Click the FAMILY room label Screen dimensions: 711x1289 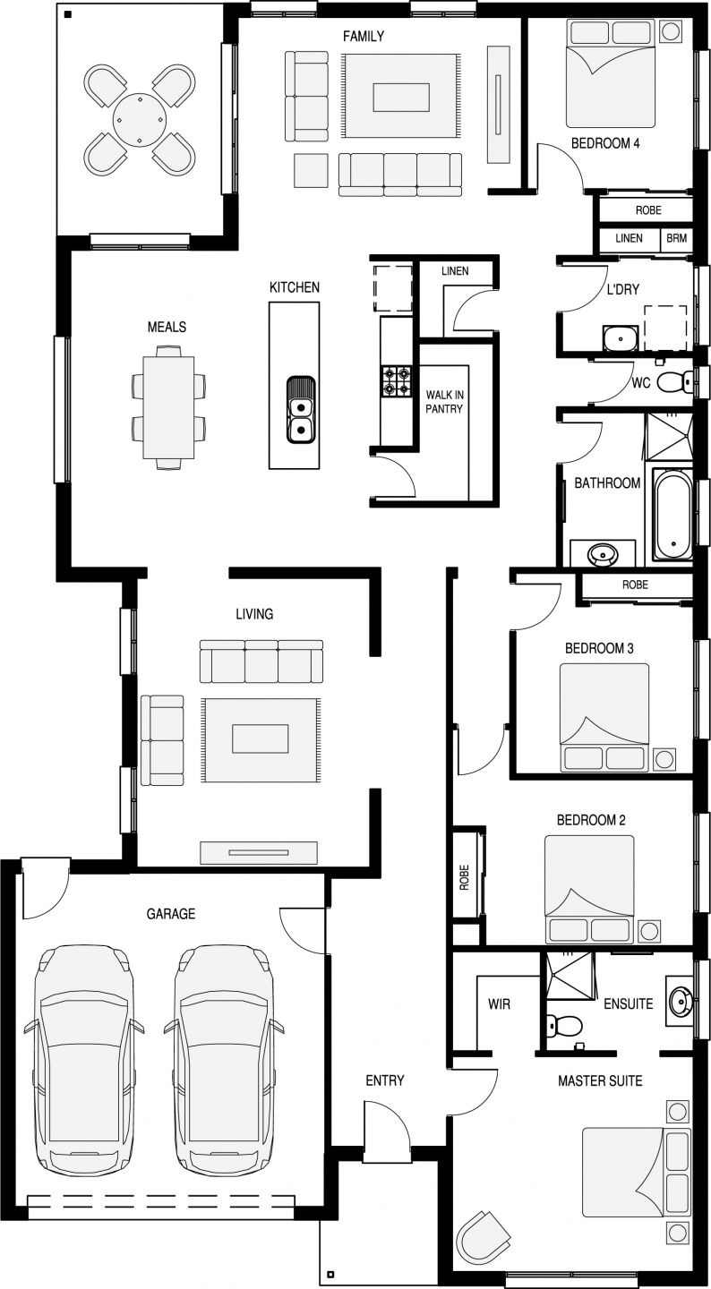click(364, 36)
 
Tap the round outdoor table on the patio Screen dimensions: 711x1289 click(139, 120)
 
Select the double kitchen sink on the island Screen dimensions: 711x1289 click(300, 410)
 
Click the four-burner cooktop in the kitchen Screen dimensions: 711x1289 click(396, 381)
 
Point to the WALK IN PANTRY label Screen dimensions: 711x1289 click(444, 402)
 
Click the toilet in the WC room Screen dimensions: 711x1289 click(674, 381)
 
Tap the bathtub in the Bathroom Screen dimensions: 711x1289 click(672, 514)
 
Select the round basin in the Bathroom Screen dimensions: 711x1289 click(603, 555)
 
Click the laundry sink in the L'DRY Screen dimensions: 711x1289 click(621, 337)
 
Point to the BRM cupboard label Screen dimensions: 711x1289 click(676, 238)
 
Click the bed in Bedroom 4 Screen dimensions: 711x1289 click(611, 73)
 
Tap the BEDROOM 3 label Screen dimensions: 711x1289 click(599, 648)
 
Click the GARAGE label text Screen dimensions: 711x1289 click(171, 913)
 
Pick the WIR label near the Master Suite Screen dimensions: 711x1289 click(499, 1004)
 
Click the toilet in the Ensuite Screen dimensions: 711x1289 click(564, 1025)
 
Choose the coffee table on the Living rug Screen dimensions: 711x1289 click(261, 738)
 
